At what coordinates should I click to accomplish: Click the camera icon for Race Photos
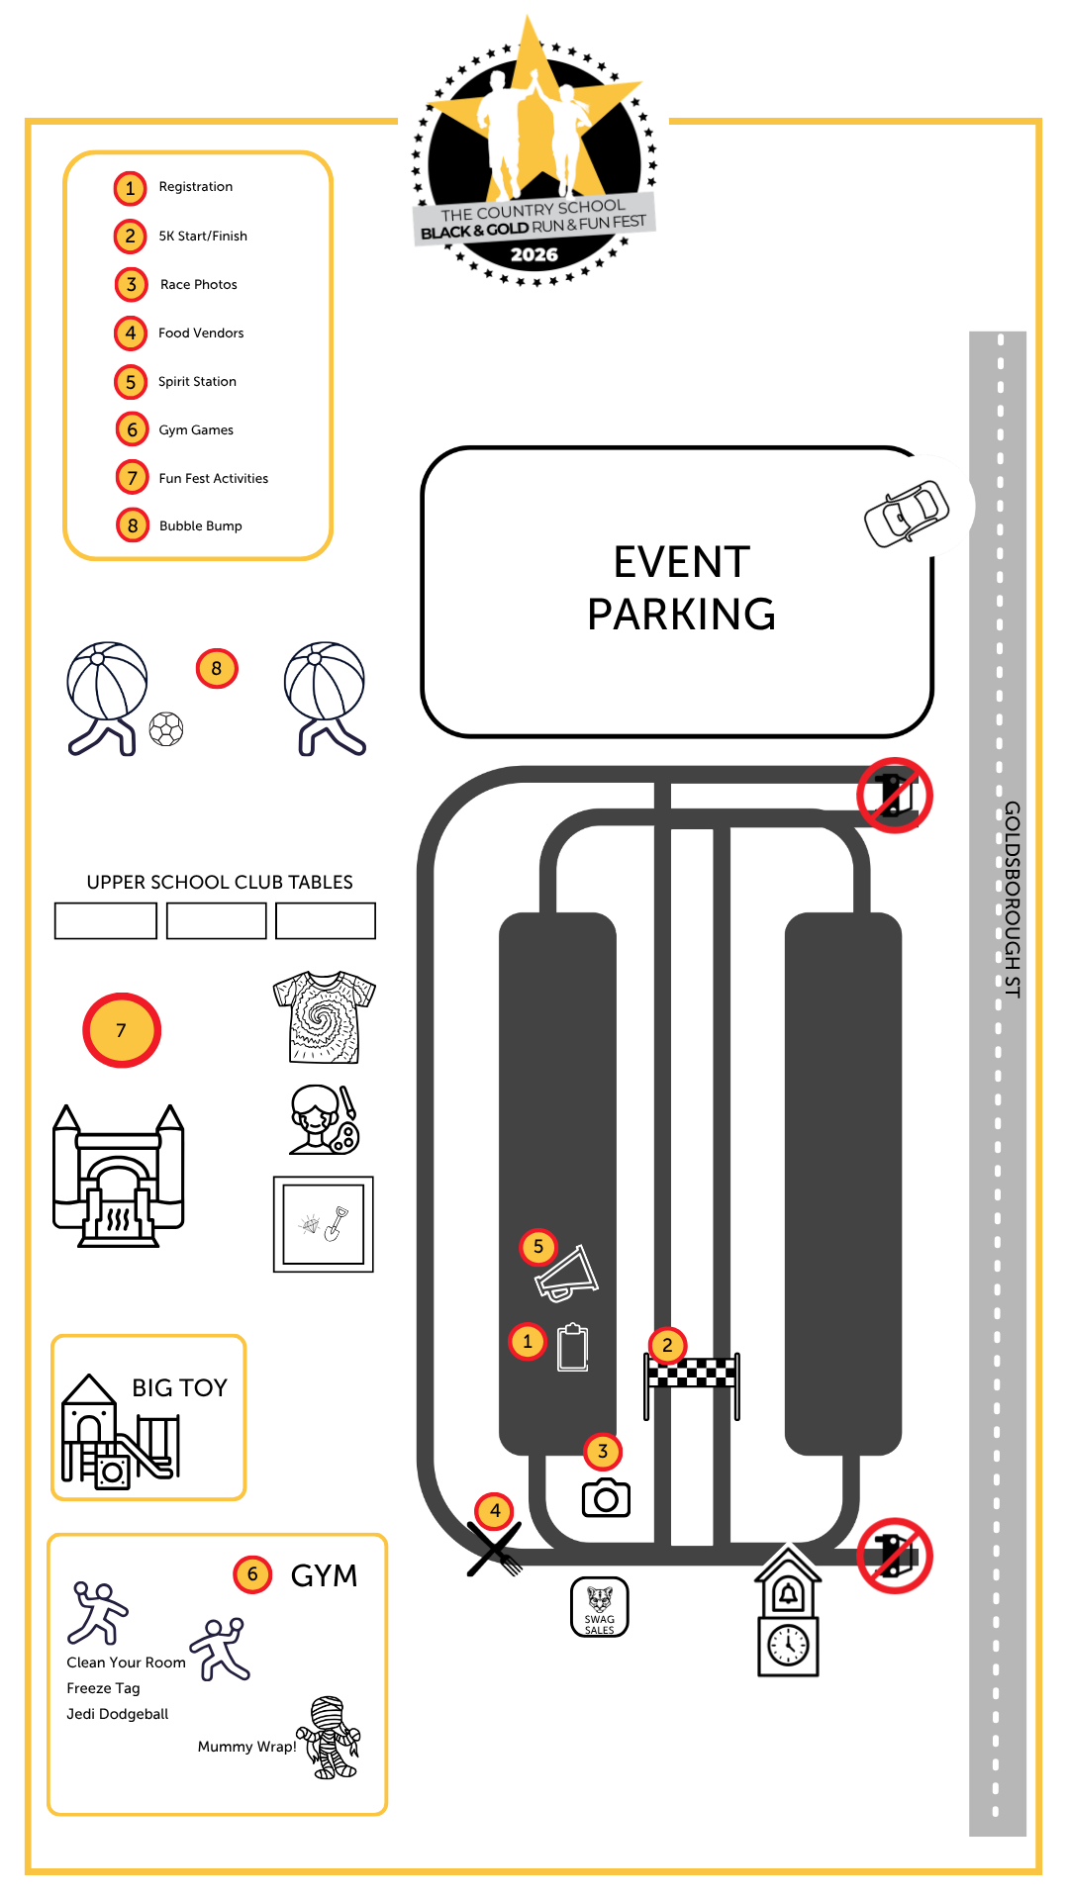(x=606, y=1498)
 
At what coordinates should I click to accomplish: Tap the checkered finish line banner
(x=692, y=1373)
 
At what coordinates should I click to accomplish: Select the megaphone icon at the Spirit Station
(x=567, y=1273)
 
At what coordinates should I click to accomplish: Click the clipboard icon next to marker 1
(x=573, y=1348)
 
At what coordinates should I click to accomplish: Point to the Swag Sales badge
(x=600, y=1607)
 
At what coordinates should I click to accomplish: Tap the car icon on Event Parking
(x=907, y=513)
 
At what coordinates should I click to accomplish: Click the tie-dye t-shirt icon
(x=325, y=1017)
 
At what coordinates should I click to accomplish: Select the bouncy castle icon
(x=119, y=1176)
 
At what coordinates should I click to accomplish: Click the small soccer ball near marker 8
(x=166, y=729)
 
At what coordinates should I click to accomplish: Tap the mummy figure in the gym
(x=331, y=1738)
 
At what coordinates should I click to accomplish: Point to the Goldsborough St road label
(x=1013, y=900)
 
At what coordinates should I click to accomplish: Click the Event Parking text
(x=681, y=588)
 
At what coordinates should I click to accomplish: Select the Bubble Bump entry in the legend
(x=201, y=525)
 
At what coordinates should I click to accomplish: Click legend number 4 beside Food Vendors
(x=131, y=333)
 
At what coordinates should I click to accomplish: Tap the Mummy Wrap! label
(x=247, y=1747)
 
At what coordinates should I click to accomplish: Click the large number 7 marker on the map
(x=122, y=1030)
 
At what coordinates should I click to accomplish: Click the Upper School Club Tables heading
(x=220, y=882)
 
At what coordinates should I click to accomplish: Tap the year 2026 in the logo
(x=534, y=254)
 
